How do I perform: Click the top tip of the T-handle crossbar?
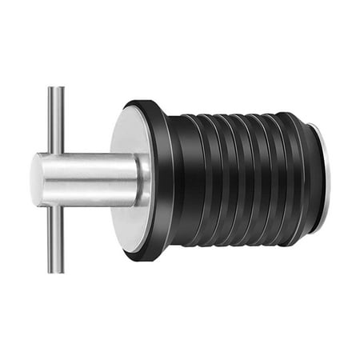[54, 89]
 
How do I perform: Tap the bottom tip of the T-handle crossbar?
[54, 270]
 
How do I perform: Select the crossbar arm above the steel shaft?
[54, 120]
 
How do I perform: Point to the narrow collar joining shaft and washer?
[144, 180]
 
